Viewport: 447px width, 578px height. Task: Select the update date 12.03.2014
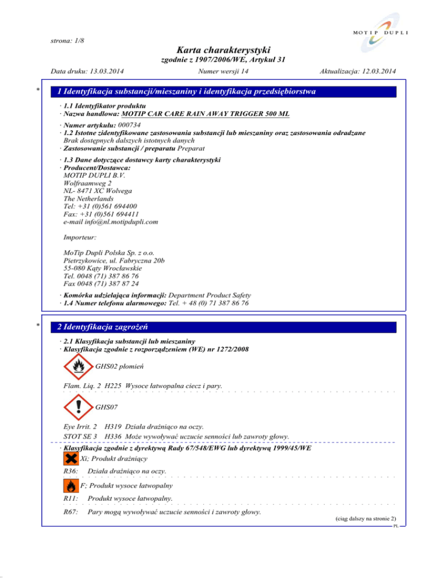[x=375, y=72]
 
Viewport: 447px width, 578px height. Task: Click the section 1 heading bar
[x=223, y=91]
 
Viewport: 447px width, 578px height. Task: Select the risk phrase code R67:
[x=70, y=512]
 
